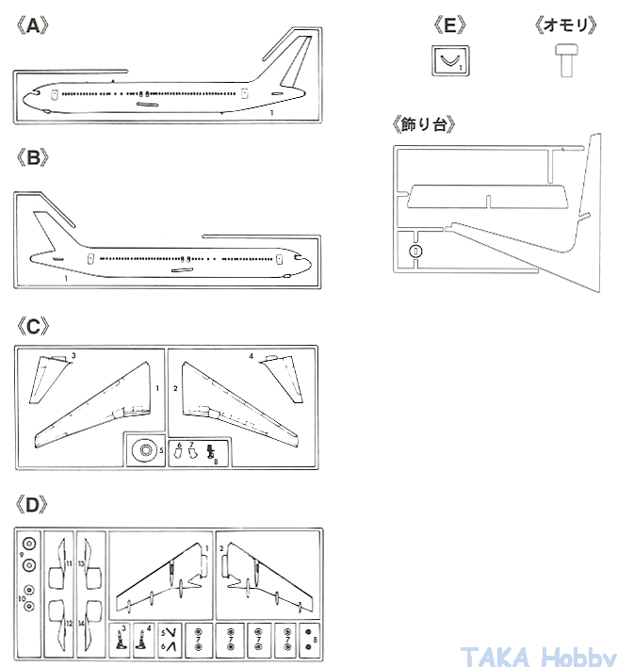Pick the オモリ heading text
coord(565,25)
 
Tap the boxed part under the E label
coord(449,61)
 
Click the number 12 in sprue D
coord(69,622)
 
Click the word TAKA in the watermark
coord(492,654)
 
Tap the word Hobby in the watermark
coord(576,654)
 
